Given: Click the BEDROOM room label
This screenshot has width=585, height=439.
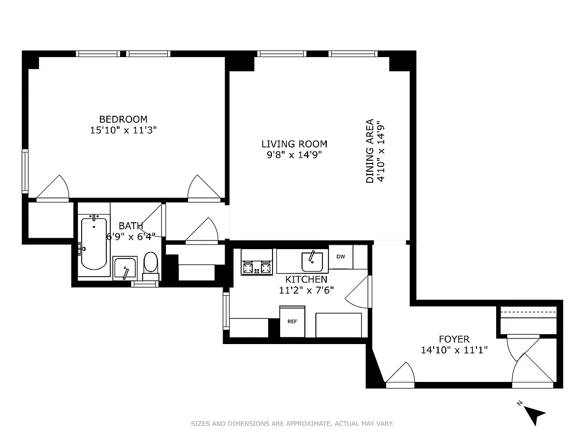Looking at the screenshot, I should pyautogui.click(x=123, y=119).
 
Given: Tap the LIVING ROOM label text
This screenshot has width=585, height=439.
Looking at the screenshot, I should pyautogui.click(x=294, y=144).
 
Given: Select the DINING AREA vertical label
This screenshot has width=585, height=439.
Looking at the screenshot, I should pyautogui.click(x=370, y=151).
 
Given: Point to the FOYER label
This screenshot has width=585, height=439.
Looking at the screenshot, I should pyautogui.click(x=454, y=339).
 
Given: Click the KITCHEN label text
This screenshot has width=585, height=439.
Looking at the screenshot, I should pyautogui.click(x=306, y=280).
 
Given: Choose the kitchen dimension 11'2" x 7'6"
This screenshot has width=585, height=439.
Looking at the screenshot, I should pyautogui.click(x=306, y=290).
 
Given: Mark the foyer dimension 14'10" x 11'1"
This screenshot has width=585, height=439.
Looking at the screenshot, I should pyautogui.click(x=454, y=350).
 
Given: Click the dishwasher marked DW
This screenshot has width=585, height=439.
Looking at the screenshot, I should pyautogui.click(x=340, y=257).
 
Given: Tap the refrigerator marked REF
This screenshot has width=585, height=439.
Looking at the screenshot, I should pyautogui.click(x=292, y=321).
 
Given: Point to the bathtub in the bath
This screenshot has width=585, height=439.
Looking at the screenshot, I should pyautogui.click(x=93, y=244).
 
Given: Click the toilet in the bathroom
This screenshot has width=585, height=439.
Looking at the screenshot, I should pyautogui.click(x=150, y=263).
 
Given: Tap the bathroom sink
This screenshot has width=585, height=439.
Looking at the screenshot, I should pyautogui.click(x=127, y=268).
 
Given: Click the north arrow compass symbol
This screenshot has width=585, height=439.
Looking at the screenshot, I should pyautogui.click(x=532, y=412).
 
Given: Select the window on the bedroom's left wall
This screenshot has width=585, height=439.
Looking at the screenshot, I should pyautogui.click(x=25, y=170).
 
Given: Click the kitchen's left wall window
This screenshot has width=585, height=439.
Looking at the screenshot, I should pyautogui.click(x=225, y=310).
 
